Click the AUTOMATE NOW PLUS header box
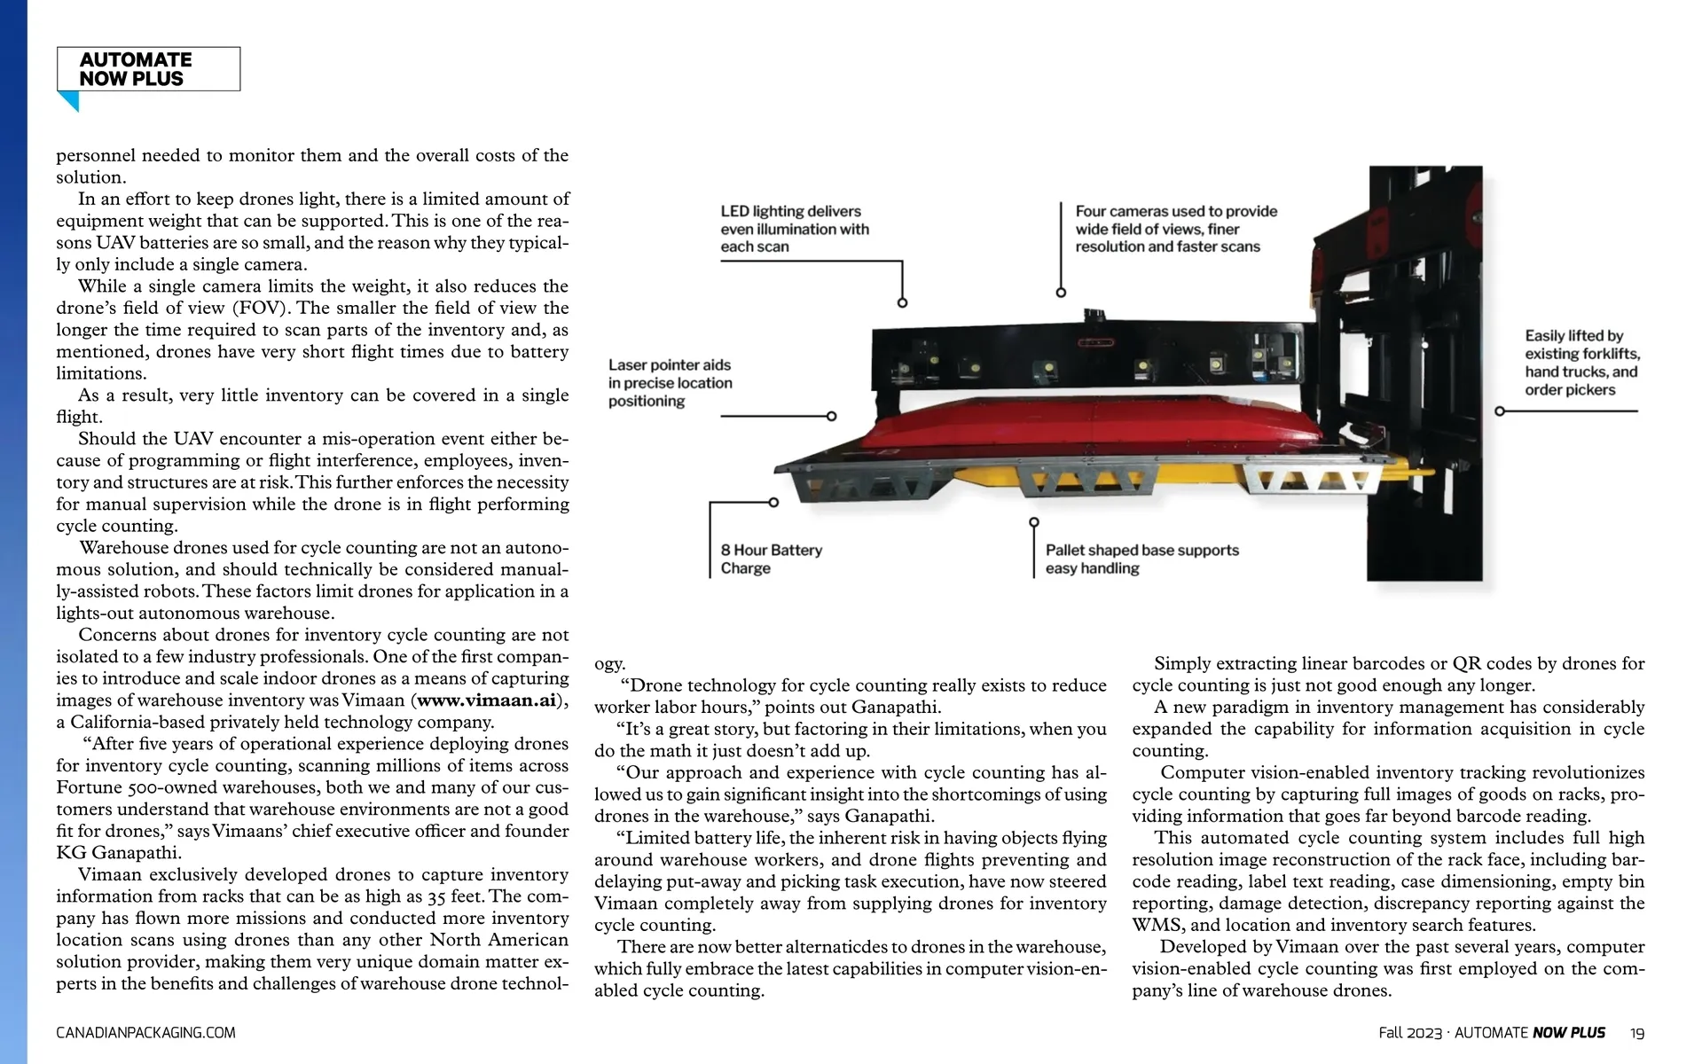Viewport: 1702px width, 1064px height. (x=148, y=69)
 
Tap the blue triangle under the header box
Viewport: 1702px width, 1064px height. (x=69, y=101)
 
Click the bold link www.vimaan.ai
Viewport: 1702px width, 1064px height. (x=486, y=700)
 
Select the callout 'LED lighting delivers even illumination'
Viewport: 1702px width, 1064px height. (x=794, y=229)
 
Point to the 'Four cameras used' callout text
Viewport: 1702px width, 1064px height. (x=1175, y=229)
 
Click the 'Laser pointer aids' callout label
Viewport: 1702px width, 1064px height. (x=670, y=383)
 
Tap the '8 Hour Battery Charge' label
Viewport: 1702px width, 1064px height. (x=771, y=559)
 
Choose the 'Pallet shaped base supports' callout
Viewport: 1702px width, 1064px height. (x=1141, y=559)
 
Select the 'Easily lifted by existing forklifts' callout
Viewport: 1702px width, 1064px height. (x=1581, y=363)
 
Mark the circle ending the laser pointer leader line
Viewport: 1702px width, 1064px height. (x=831, y=416)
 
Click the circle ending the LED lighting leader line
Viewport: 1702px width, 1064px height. (x=902, y=303)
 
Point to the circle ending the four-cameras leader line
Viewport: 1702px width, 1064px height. (x=1061, y=293)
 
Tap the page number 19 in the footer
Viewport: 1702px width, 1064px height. (x=1637, y=1033)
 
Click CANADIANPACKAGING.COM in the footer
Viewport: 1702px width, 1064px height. (x=145, y=1033)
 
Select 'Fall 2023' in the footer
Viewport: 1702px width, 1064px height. (x=1410, y=1033)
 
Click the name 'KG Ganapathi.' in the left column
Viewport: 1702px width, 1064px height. (x=119, y=853)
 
